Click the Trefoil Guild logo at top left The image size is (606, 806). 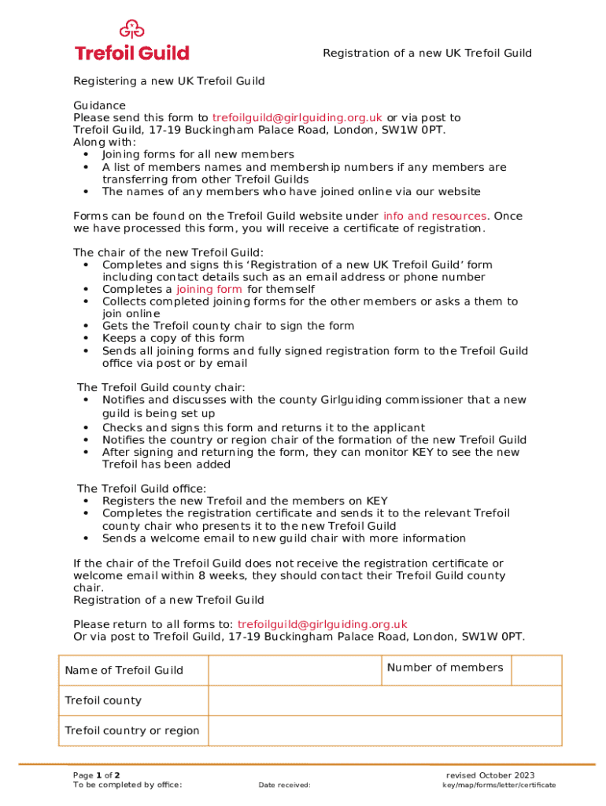point(131,43)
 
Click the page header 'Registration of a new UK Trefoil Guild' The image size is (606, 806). point(427,54)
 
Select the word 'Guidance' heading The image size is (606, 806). point(99,105)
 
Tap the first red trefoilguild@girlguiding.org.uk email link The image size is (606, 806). point(297,118)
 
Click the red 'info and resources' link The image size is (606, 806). point(434,216)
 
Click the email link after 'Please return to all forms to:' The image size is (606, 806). point(322,624)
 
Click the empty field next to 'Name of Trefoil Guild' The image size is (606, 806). point(294,670)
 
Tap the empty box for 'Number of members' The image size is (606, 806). point(537,670)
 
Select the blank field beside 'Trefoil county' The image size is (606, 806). point(385,701)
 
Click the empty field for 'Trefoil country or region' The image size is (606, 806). point(385,730)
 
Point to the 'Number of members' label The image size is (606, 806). point(445,667)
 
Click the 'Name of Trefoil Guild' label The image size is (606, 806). point(124,671)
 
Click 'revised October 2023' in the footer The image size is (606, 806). point(490,775)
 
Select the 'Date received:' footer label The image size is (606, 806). point(284,785)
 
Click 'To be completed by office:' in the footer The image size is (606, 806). point(127,785)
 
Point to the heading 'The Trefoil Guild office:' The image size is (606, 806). point(131,489)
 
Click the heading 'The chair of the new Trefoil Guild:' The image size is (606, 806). point(157,253)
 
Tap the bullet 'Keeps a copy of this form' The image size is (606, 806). point(173,338)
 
